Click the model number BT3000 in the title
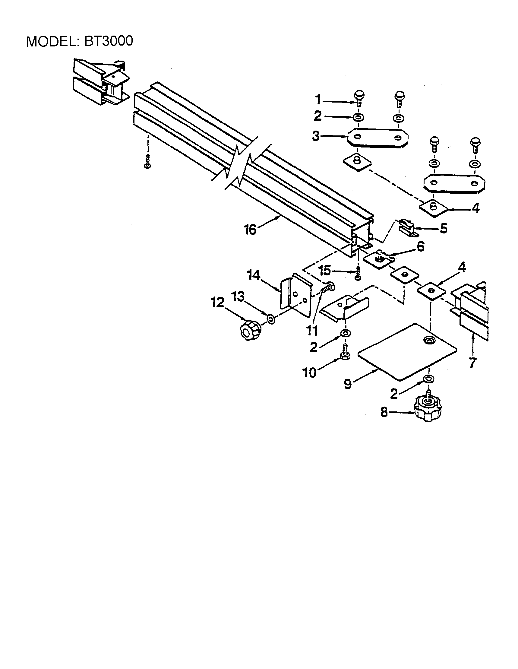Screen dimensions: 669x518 tap(109, 41)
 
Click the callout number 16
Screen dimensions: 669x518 tap(250, 230)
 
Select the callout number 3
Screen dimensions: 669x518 tap(316, 136)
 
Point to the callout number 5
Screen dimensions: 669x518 tap(444, 229)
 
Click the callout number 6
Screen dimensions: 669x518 tap(421, 246)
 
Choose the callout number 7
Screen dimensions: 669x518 tap(472, 363)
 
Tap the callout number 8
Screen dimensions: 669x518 tap(384, 412)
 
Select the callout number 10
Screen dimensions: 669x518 tap(310, 373)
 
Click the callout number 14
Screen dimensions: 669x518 tap(254, 275)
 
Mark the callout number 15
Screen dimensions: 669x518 tap(324, 271)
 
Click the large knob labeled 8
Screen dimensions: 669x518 tap(428, 408)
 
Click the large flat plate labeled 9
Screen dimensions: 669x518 tap(407, 352)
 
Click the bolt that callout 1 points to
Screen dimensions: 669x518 tap(359, 99)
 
